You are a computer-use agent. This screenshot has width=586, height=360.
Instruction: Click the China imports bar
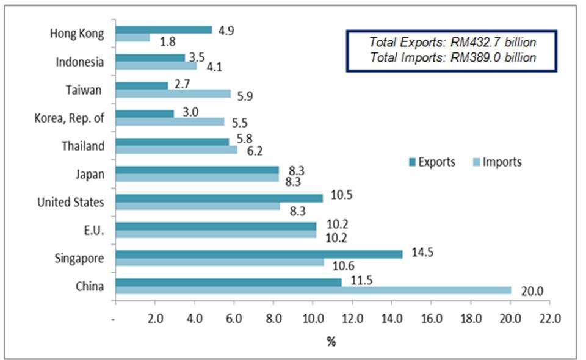click(x=313, y=290)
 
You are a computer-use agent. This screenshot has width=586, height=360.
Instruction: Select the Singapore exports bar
click(x=258, y=254)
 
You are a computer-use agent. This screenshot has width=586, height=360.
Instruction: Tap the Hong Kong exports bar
click(x=164, y=29)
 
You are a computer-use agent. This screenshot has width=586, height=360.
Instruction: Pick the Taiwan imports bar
click(x=173, y=93)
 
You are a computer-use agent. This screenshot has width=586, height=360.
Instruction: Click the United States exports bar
click(x=219, y=198)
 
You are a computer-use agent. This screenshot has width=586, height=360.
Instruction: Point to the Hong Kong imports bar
click(x=132, y=38)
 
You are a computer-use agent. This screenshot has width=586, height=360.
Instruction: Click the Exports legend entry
click(x=432, y=162)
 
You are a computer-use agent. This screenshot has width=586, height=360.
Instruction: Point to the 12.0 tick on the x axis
click(x=352, y=318)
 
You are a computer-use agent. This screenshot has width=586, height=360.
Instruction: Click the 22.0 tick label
click(x=549, y=318)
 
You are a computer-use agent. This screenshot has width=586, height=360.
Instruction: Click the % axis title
click(x=331, y=342)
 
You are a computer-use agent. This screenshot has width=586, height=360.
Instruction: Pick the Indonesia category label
click(x=79, y=62)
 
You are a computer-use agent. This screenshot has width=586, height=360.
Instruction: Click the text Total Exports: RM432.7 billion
click(x=452, y=43)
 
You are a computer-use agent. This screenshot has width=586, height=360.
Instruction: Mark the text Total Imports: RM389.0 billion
click(x=452, y=57)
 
